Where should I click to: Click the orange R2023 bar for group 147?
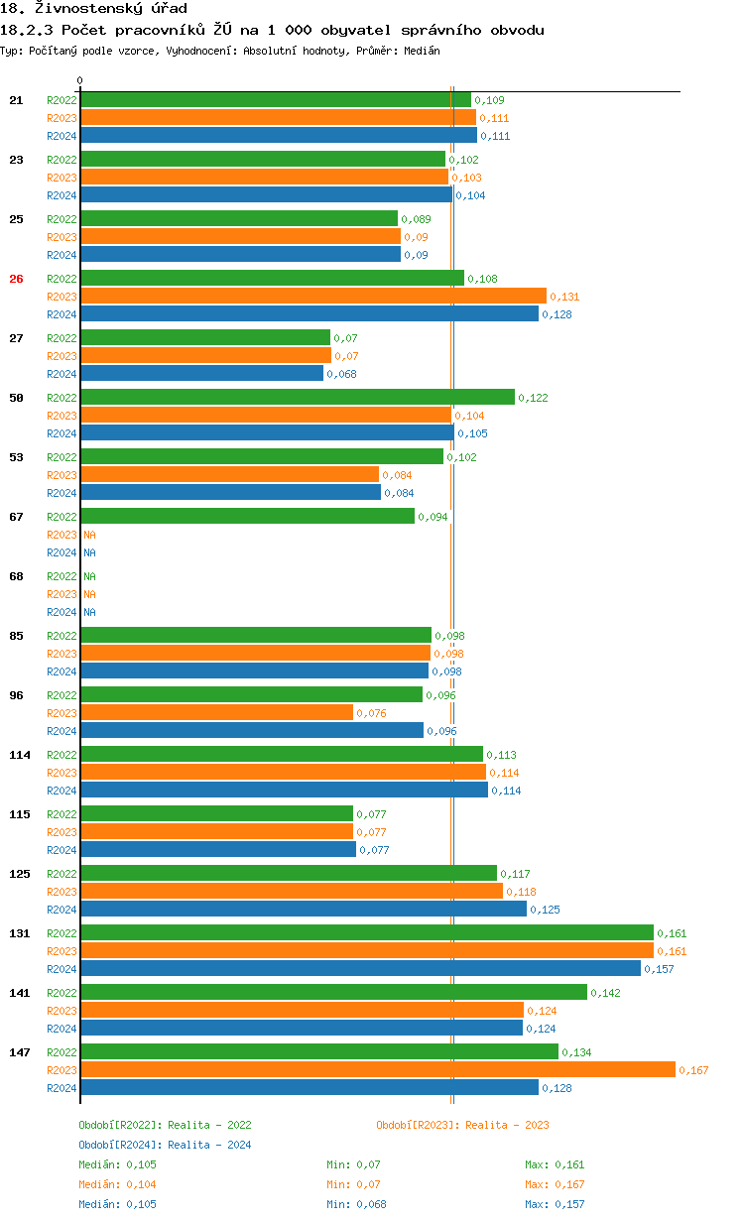[377, 1069]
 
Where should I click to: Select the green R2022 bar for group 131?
[367, 932]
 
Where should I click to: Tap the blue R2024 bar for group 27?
[202, 373]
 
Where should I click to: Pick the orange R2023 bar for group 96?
[217, 712]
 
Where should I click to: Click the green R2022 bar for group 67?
[248, 516]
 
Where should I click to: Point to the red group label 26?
[16, 279]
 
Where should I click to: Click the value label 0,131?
[564, 297]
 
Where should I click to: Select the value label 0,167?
[693, 1070]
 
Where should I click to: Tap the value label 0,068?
[341, 374]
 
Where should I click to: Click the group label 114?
[20, 755]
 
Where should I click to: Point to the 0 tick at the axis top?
[80, 80]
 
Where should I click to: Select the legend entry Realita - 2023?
[462, 1125]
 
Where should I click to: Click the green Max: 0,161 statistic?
[555, 1164]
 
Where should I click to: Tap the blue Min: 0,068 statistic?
[356, 1204]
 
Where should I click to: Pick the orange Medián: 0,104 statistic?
[117, 1184]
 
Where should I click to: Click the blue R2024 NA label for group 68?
[89, 612]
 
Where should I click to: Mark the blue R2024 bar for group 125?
[304, 909]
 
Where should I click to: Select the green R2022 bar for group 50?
[298, 397]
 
